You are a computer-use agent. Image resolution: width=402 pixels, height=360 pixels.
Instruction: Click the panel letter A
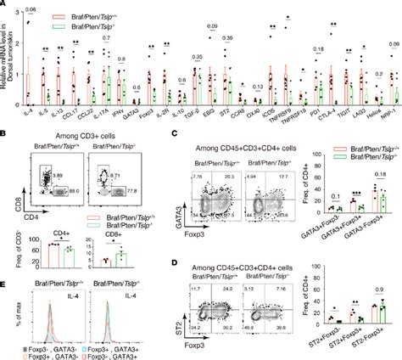[x=5, y=6]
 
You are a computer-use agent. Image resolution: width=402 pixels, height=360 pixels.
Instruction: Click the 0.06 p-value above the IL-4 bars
[x=30, y=9]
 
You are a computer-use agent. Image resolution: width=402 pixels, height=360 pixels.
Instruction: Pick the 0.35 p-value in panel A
[x=197, y=56]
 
